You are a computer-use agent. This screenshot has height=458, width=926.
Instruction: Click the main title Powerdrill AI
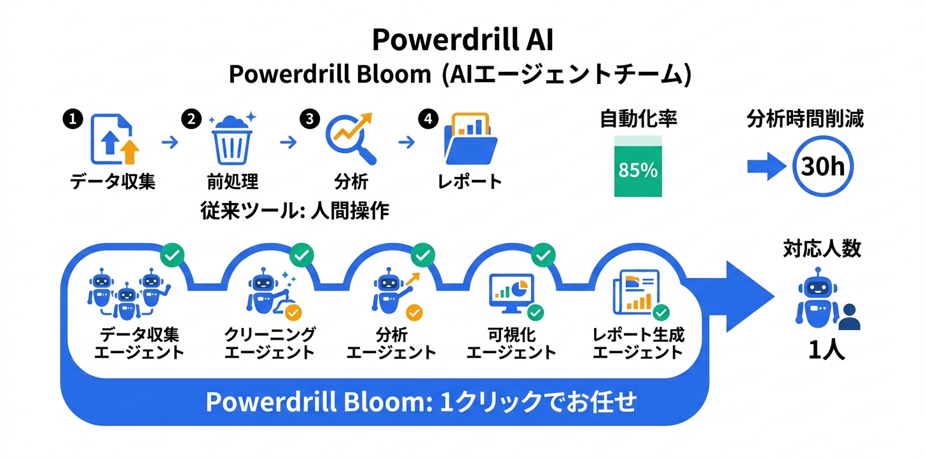462,39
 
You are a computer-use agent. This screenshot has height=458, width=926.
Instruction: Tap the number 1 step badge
73,119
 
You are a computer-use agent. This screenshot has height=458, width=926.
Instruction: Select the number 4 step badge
428,119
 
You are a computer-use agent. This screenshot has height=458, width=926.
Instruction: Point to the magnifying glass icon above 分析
351,139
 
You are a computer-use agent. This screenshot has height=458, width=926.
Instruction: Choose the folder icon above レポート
471,139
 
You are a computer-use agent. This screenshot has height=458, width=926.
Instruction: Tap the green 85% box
638,166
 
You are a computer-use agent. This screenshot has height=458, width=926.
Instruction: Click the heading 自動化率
639,118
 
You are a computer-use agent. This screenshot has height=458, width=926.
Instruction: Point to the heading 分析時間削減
805,118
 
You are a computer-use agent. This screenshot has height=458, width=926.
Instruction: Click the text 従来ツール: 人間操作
294,210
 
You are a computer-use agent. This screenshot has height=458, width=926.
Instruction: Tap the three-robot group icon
128,294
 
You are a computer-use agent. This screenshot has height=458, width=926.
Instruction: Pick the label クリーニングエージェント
270,343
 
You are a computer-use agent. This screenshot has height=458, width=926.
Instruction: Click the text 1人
826,350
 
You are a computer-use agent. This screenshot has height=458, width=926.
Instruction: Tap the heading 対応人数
822,249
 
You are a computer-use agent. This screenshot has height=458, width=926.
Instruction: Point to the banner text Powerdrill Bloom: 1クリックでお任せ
421,402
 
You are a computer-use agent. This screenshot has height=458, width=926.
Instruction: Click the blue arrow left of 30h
766,166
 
